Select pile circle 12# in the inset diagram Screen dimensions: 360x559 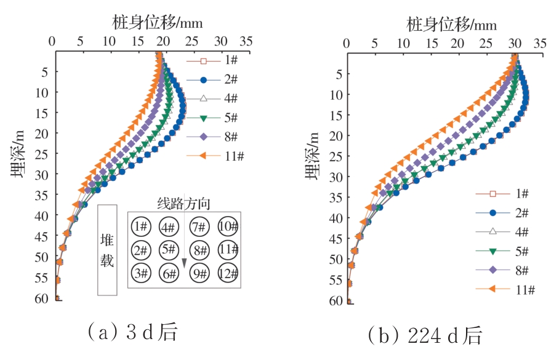tap(228, 273)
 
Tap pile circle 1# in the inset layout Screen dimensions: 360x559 tap(141, 226)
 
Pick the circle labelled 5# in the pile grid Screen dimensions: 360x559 tap(169, 250)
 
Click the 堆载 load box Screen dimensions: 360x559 tap(107, 250)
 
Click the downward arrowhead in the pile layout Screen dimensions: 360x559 tap(183, 263)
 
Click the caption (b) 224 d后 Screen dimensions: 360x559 tap(425, 336)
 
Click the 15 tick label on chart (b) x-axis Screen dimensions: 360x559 tap(431, 44)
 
